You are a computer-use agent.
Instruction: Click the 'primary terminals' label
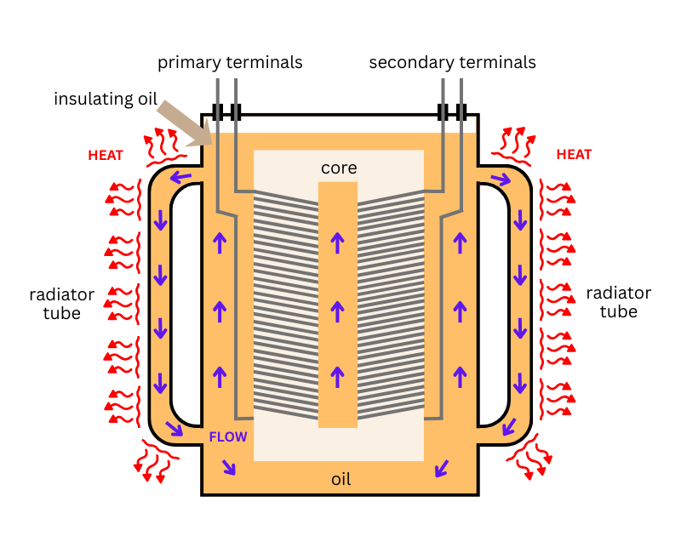point(230,63)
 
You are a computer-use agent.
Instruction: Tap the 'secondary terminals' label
point(453,63)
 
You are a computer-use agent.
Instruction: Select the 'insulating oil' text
point(106,99)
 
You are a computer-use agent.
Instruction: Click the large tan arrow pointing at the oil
point(185,123)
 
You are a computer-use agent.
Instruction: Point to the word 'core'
point(339,168)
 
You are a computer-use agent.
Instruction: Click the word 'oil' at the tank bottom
point(340,480)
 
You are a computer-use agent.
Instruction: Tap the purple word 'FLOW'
point(228,437)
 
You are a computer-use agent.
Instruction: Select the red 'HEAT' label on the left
point(106,155)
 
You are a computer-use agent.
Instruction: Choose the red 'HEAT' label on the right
point(574,155)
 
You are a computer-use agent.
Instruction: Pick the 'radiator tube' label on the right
point(619,303)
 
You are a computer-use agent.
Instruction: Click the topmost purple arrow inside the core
point(338,243)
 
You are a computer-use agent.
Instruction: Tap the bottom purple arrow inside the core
point(338,374)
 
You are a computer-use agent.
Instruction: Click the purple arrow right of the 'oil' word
point(442,467)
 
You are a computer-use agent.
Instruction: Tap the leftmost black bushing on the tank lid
point(218,112)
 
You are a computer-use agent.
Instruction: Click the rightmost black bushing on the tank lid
point(462,112)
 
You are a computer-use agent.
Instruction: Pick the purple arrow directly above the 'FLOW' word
point(220,374)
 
